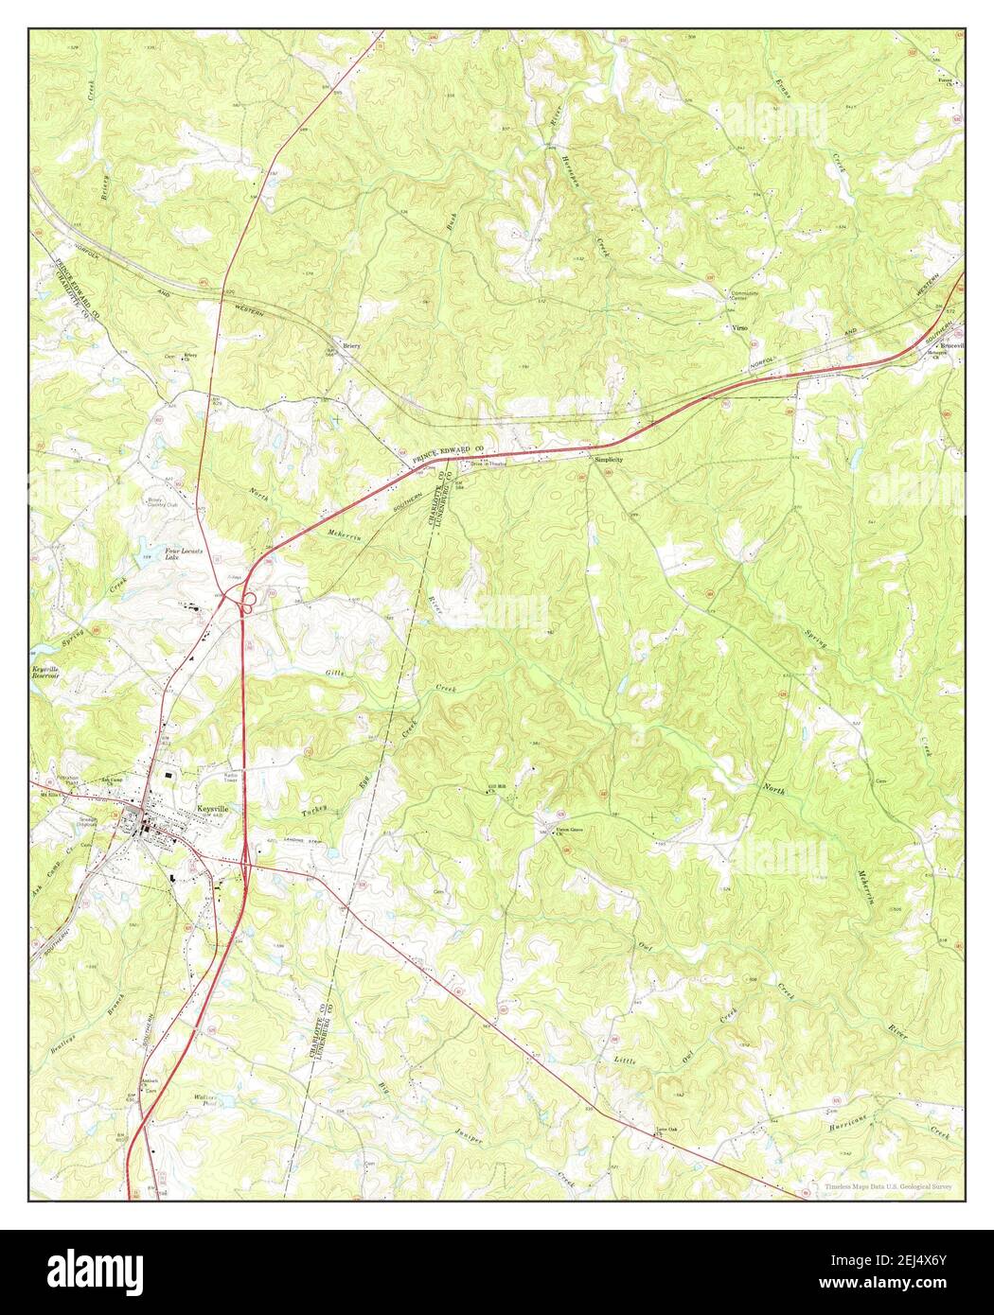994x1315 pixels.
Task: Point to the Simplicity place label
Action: [x=609, y=459]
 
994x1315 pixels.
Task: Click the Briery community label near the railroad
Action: [x=352, y=346]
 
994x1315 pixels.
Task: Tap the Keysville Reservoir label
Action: [x=44, y=674]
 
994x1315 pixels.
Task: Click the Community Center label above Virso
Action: [x=745, y=296]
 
